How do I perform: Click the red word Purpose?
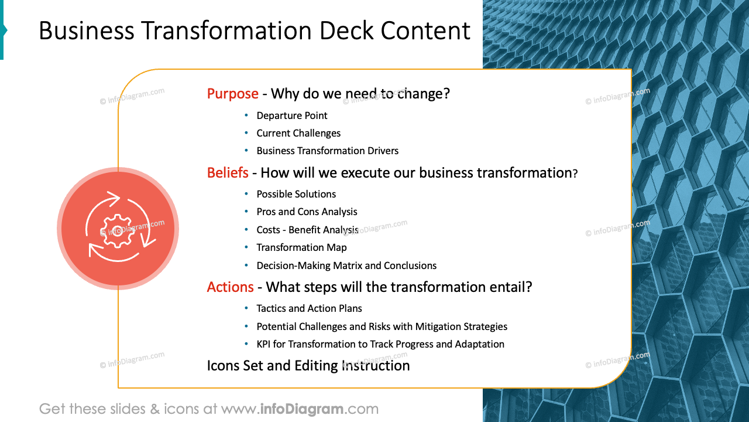click(232, 94)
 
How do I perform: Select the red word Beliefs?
click(228, 173)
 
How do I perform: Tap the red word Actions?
click(230, 287)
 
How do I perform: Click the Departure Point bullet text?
click(291, 116)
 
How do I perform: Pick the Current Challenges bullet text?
click(298, 134)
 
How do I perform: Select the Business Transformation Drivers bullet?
click(327, 151)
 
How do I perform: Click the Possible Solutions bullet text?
click(296, 195)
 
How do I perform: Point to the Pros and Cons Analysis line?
click(307, 212)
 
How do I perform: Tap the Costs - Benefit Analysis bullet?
click(307, 230)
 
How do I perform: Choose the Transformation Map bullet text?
click(301, 248)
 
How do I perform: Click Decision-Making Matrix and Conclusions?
click(346, 266)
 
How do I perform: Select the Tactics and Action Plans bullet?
click(309, 309)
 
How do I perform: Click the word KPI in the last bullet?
click(265, 345)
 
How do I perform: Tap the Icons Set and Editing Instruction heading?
click(308, 366)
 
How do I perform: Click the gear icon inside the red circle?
click(118, 228)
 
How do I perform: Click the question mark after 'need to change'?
click(446, 94)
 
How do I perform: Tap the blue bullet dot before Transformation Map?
click(246, 248)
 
